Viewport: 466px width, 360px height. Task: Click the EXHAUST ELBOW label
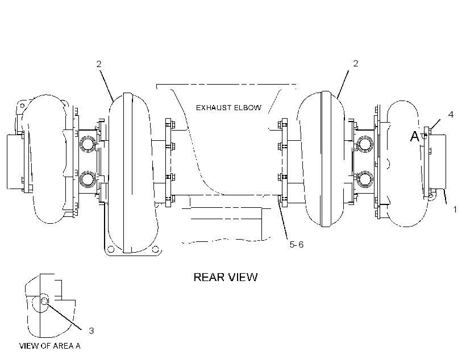point(228,107)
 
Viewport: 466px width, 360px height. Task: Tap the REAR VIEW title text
point(226,277)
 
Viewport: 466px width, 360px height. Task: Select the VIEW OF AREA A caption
point(50,346)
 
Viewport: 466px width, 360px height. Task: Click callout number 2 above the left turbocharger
point(99,64)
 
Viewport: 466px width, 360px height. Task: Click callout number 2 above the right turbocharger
point(356,63)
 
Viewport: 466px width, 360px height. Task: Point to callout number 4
point(451,114)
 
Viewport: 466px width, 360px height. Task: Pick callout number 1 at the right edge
point(455,210)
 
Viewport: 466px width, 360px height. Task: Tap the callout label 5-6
point(297,245)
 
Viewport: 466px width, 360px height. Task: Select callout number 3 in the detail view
point(91,330)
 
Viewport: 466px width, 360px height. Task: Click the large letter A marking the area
point(415,137)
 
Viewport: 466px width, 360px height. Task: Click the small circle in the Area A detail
point(44,301)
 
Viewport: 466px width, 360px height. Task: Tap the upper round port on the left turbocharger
point(88,144)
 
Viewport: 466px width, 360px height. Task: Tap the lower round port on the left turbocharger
point(88,179)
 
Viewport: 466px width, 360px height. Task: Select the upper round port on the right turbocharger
point(365,144)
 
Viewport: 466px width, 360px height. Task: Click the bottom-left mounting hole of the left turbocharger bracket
point(110,249)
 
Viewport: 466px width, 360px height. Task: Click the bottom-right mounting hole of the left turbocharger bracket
point(155,249)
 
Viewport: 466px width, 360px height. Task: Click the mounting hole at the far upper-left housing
point(22,106)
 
